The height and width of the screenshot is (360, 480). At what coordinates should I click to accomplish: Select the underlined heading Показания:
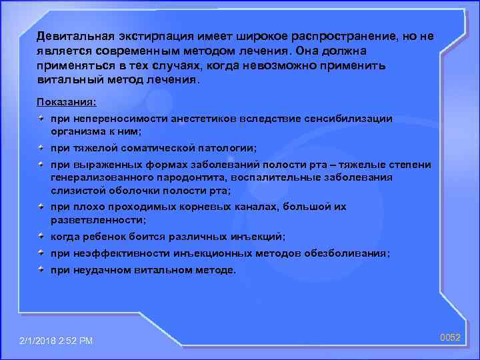(x=67, y=101)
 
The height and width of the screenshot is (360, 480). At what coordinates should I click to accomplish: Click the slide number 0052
(x=451, y=338)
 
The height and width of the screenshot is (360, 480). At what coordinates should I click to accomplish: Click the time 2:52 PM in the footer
(x=79, y=341)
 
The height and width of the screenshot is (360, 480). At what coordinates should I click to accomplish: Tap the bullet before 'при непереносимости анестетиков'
(x=42, y=117)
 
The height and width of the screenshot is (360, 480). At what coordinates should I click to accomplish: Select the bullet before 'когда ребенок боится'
(x=42, y=236)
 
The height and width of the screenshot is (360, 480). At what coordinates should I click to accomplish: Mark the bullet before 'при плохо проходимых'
(x=42, y=206)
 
